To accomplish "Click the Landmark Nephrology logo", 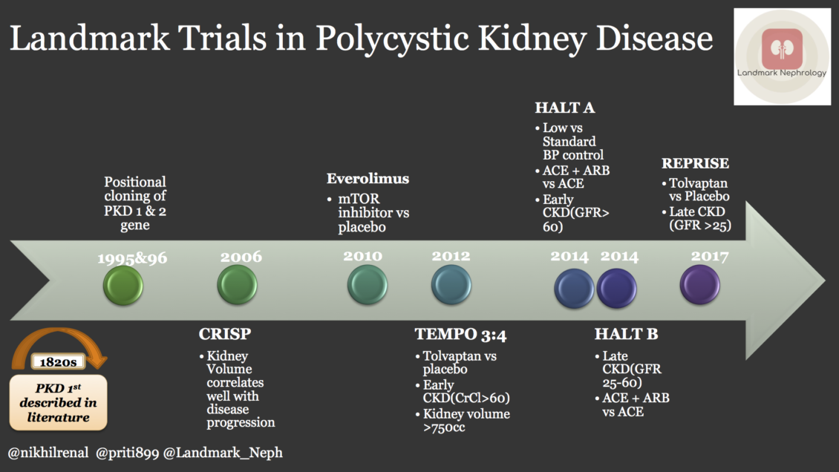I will coord(782,57).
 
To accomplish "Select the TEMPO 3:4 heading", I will coord(460,335).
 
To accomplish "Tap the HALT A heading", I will coord(565,108).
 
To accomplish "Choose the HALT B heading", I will coord(626,335).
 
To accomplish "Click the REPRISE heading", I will coord(695,163).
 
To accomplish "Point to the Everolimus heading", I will coord(368,179).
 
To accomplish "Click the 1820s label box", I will coord(58,363).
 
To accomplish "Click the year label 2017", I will coord(710,257).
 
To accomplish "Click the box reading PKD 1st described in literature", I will coord(58,403).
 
